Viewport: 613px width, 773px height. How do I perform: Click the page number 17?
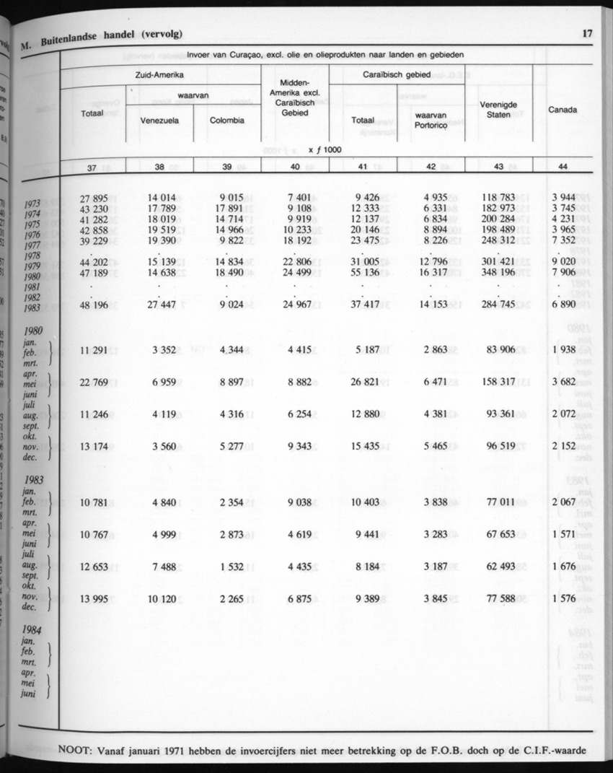[x=587, y=32]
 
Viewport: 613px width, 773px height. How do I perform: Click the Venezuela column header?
[x=159, y=121]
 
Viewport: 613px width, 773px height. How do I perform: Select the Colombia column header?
[x=226, y=121]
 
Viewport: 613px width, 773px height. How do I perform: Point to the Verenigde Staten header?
[x=498, y=110]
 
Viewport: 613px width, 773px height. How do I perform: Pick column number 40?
[x=294, y=167]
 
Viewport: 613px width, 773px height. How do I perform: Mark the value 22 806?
[x=294, y=263]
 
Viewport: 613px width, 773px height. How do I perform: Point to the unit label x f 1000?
[x=324, y=149]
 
